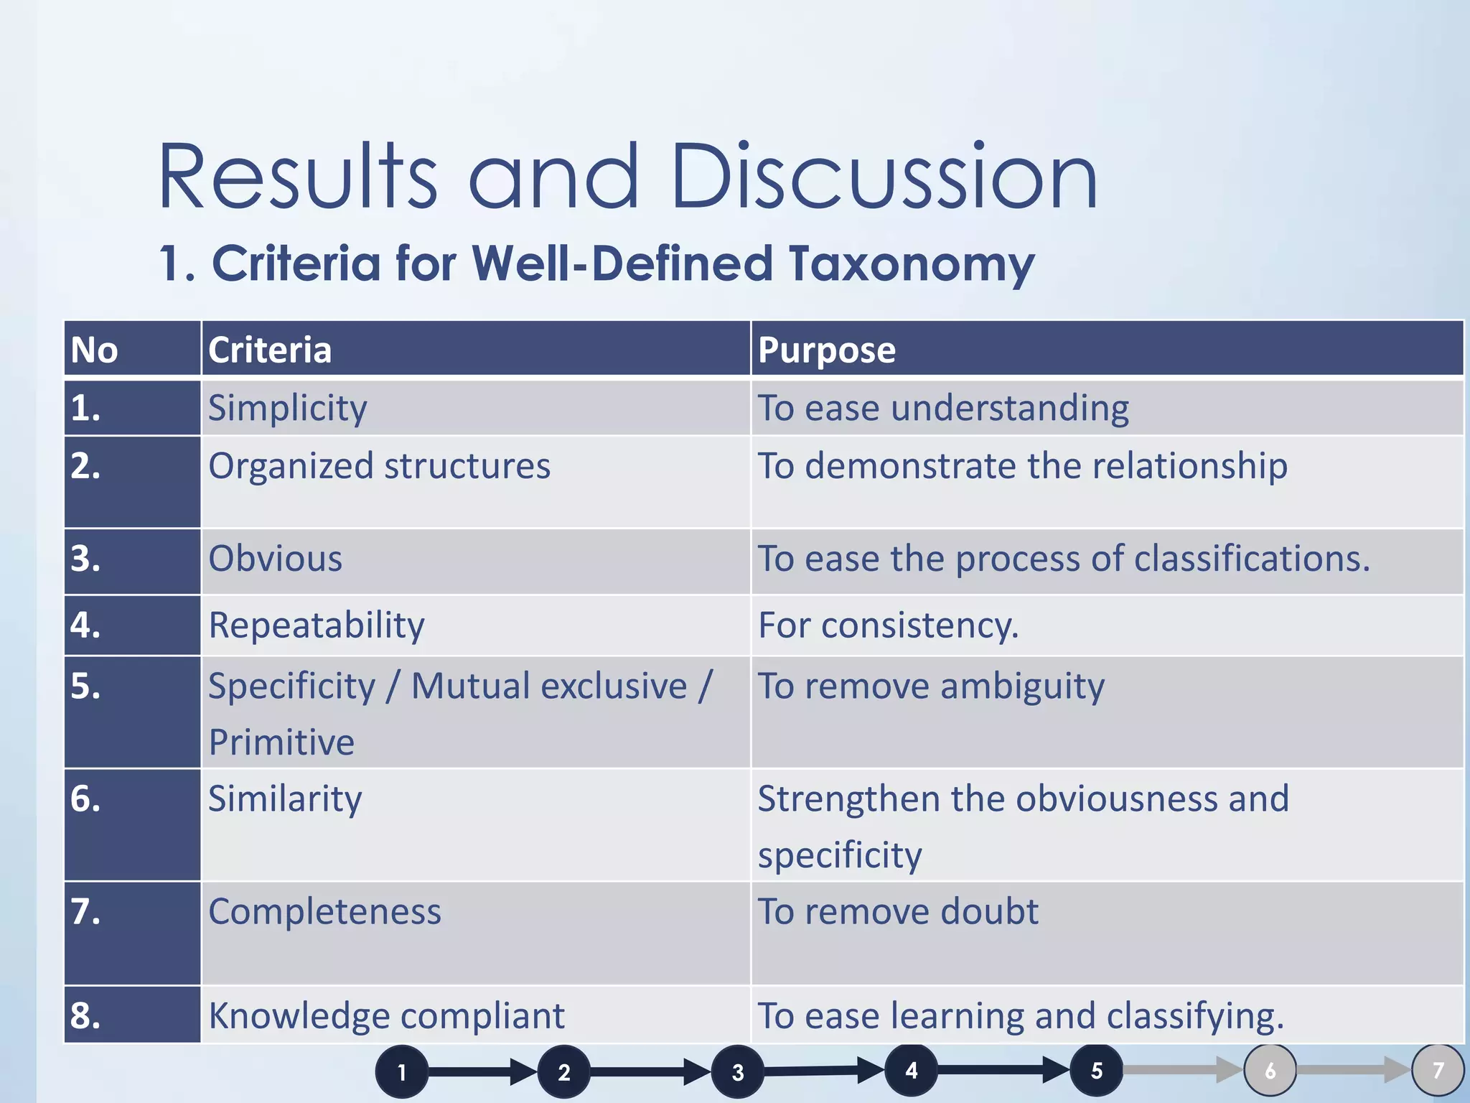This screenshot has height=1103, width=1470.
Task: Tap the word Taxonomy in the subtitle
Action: click(912, 264)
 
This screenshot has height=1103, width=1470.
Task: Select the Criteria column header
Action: click(270, 350)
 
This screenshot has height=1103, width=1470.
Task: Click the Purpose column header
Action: click(827, 350)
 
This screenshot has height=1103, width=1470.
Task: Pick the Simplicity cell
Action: click(288, 408)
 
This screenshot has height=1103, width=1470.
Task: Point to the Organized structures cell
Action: click(379, 466)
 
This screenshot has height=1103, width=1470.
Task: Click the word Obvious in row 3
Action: click(276, 559)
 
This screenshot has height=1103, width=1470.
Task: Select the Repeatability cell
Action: click(317, 625)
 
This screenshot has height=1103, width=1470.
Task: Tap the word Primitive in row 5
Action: click(281, 742)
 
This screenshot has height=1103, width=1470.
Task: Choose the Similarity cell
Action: click(285, 799)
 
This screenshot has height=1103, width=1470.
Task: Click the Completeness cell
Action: click(324, 912)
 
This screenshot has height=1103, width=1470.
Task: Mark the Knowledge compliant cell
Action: click(386, 1016)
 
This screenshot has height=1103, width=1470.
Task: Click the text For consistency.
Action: click(888, 625)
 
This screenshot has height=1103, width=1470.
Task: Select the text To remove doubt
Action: click(898, 912)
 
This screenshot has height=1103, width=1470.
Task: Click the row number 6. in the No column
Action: click(85, 799)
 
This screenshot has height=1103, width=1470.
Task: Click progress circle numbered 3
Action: click(737, 1072)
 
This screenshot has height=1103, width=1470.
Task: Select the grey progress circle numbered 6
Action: click(1270, 1071)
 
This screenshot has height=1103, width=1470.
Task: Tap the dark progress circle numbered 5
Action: click(1096, 1071)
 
